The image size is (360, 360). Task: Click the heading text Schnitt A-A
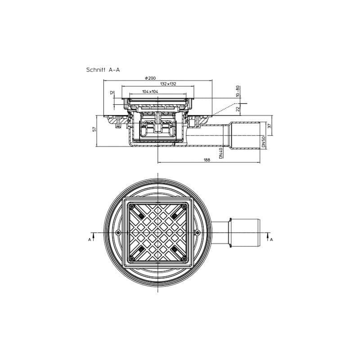(103, 70)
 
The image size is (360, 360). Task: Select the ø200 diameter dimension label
(150, 78)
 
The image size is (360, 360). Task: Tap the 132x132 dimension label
(168, 84)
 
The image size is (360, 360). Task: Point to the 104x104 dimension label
(150, 92)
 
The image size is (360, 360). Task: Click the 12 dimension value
(112, 93)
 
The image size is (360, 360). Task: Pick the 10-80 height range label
(238, 91)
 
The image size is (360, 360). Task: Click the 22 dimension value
(238, 108)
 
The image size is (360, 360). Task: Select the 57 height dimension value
(94, 129)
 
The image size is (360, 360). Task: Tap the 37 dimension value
(270, 126)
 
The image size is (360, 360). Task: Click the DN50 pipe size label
(263, 142)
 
